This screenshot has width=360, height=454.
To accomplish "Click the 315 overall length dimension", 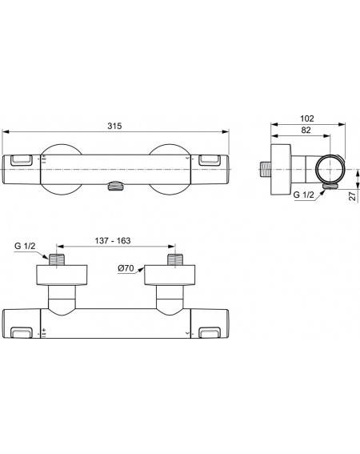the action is click(x=114, y=126).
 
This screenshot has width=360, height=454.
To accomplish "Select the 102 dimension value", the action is click(x=306, y=119).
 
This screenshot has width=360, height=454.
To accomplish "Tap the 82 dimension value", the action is click(x=306, y=130).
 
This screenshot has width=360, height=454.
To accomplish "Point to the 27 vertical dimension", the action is click(x=352, y=196).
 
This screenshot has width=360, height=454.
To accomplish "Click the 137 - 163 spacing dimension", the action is click(x=113, y=240).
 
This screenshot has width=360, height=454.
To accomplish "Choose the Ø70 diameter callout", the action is click(x=126, y=268).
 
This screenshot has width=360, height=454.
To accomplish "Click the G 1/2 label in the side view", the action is click(x=303, y=195).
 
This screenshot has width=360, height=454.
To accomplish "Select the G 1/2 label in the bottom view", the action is click(x=25, y=246).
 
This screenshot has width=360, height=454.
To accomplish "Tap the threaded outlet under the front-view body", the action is click(x=115, y=186).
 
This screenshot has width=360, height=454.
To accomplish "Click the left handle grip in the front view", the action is click(x=22, y=160).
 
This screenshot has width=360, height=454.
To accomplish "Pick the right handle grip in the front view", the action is click(x=210, y=160).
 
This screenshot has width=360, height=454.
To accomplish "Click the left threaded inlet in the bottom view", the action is click(x=57, y=259).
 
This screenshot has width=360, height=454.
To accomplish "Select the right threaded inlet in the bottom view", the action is click(x=175, y=259).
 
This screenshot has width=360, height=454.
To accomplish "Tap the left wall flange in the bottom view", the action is click(x=62, y=275).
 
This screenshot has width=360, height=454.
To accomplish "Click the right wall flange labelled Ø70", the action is click(x=170, y=275).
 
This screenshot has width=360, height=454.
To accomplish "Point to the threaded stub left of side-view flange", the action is click(x=266, y=169).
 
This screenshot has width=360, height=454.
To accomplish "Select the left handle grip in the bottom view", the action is click(x=22, y=332).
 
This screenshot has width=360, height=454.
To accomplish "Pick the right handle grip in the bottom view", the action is click(x=210, y=332).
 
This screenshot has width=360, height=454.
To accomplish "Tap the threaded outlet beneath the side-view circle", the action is click(x=330, y=187).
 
